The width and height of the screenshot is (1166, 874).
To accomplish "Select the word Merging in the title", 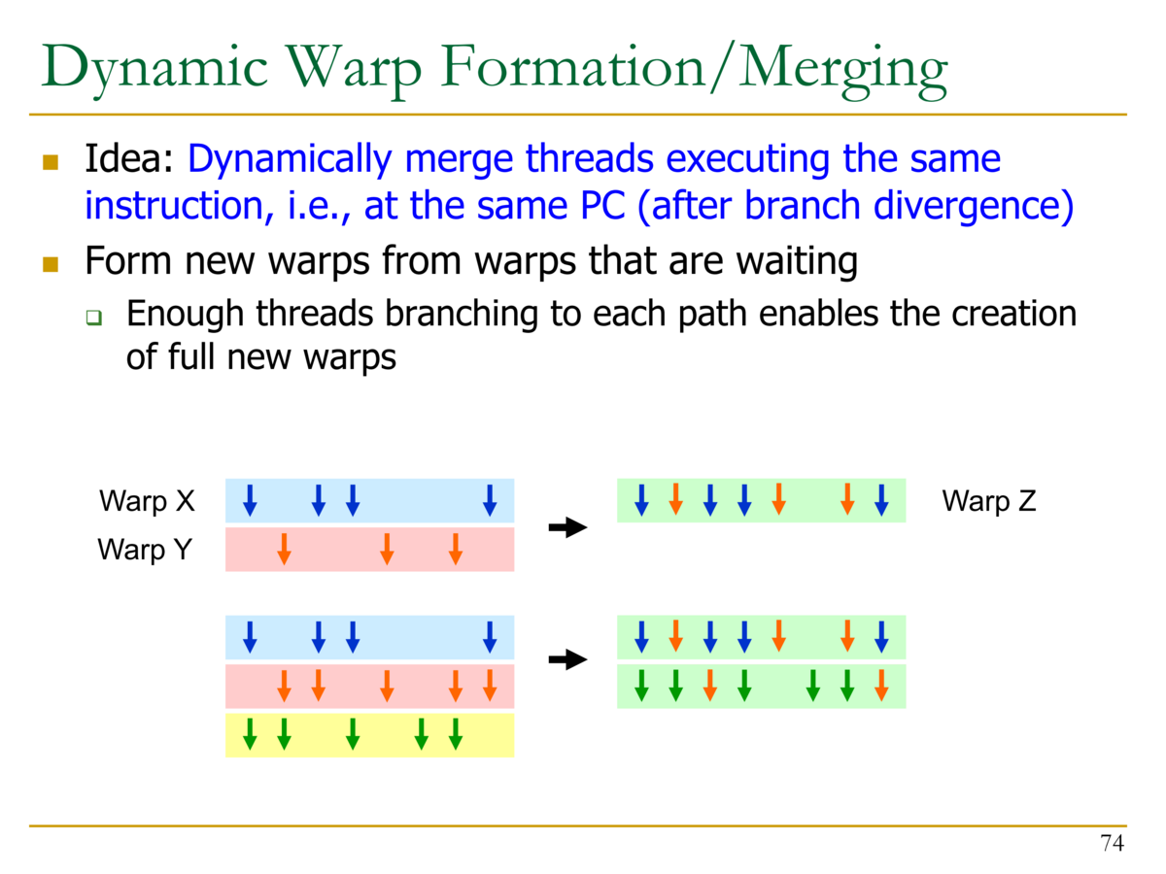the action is [x=843, y=71].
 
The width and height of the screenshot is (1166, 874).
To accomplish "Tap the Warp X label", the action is [x=147, y=500].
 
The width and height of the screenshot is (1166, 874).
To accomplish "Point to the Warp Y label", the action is [x=145, y=550].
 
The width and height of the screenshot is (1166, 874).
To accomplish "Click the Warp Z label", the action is [x=989, y=500].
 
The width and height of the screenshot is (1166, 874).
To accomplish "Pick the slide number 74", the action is [x=1112, y=843].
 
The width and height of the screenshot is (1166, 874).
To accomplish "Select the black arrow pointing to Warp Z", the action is [x=567, y=527].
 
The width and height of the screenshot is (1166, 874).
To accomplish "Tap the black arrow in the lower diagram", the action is [x=567, y=659].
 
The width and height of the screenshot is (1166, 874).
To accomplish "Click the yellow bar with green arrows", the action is [x=370, y=735].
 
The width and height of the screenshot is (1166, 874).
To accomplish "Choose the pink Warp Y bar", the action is [x=370, y=550].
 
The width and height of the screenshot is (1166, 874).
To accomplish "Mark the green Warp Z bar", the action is [x=761, y=500].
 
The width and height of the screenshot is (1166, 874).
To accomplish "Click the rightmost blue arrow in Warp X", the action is [x=490, y=500].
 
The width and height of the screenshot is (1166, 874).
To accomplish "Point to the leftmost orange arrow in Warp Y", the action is [x=284, y=550].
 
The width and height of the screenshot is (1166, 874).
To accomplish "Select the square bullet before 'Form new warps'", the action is [x=51, y=264].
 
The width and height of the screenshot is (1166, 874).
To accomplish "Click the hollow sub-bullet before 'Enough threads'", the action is [x=94, y=318].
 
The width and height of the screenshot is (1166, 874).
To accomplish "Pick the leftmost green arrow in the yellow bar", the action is [x=250, y=734].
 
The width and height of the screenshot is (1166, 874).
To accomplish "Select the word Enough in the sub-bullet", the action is [x=185, y=314].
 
